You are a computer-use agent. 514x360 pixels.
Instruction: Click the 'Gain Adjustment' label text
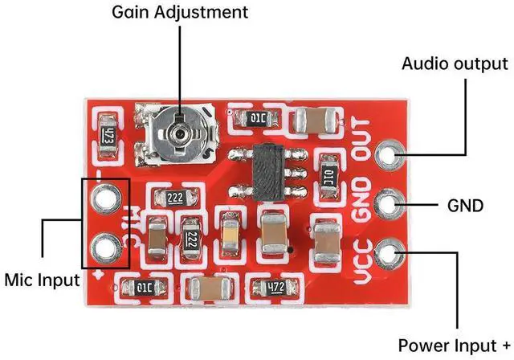180,13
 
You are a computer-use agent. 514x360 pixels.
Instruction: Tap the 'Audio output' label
455,63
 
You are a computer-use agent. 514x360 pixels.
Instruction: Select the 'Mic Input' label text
42,280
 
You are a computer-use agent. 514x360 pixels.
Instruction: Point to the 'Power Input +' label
454,346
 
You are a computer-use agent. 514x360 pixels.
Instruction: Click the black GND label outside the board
465,206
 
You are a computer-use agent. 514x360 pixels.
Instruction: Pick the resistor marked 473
108,136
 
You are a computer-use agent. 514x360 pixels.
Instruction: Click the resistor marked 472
275,288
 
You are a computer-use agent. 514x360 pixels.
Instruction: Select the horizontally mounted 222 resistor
176,198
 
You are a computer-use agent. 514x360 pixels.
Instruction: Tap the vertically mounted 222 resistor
191,239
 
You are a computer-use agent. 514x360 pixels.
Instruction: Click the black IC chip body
269,173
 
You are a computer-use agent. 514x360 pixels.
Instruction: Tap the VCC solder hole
389,254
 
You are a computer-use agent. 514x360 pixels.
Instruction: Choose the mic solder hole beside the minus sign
105,198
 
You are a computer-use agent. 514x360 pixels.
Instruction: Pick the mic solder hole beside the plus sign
105,247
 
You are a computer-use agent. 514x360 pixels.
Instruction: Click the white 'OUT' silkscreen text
361,140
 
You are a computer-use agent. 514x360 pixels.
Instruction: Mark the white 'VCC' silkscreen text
364,261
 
